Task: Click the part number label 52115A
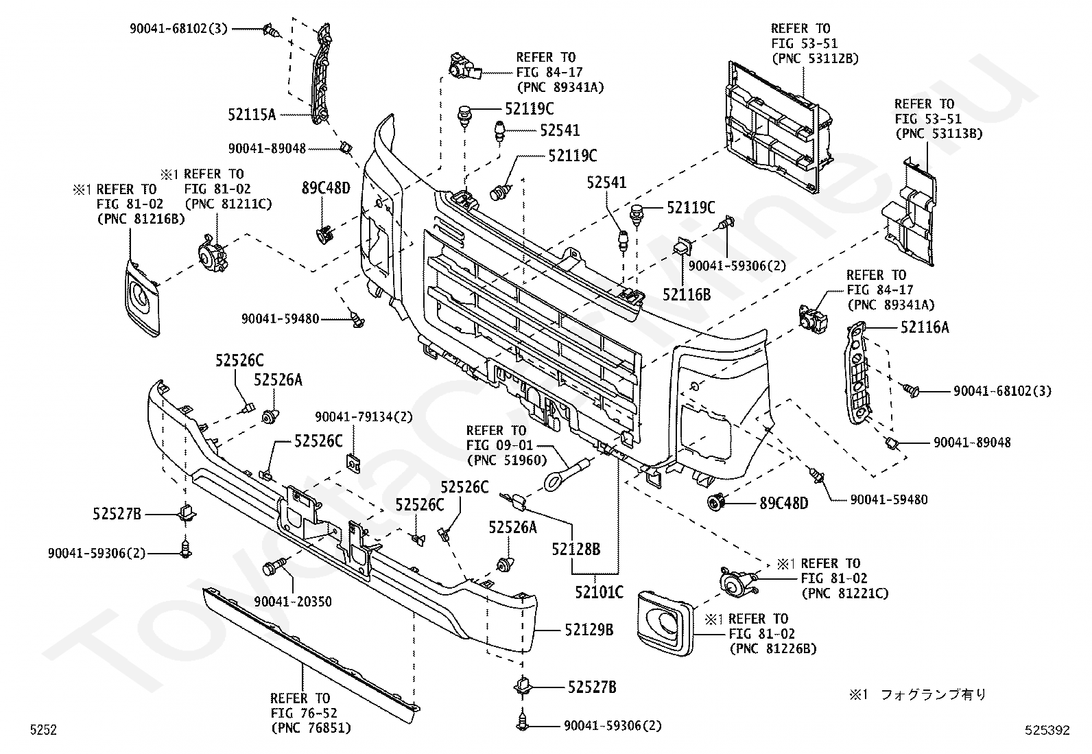[x=252, y=115]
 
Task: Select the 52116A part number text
[x=925, y=327]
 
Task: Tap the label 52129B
[x=589, y=630]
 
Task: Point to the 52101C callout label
[x=599, y=592]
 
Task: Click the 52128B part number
[x=575, y=549]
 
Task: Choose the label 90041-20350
[x=292, y=601]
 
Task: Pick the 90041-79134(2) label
[x=363, y=417]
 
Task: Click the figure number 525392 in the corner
[x=1047, y=729]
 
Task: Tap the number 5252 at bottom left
[x=43, y=729]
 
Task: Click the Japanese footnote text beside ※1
[x=933, y=694]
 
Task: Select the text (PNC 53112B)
[x=815, y=58]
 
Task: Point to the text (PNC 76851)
[x=311, y=728]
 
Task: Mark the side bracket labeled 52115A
[x=322, y=73]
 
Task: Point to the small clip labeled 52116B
[x=682, y=246]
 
